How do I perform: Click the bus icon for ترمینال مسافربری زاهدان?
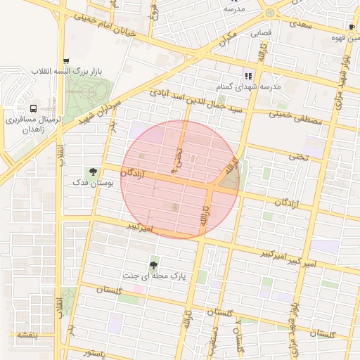pos(34,108)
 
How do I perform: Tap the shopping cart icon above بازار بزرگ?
pos(66,61)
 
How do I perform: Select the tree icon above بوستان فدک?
pos(92,172)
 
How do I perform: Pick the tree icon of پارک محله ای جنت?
pos(153,265)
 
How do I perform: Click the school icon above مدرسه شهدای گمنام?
pos(247,76)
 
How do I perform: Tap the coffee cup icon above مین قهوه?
pos(352,26)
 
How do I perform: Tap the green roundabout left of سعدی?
pos(269,13)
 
